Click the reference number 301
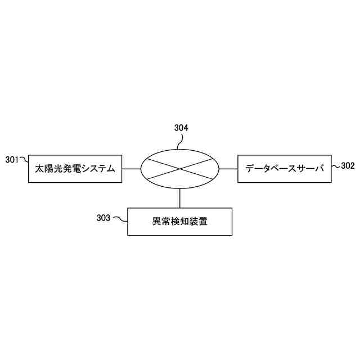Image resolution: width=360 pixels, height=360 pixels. [13, 159]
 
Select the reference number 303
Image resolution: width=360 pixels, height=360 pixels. [104, 217]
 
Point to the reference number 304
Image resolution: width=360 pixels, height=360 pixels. [181, 128]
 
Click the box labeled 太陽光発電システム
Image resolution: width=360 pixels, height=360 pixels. [75, 168]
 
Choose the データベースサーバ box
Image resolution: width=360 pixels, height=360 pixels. [285, 168]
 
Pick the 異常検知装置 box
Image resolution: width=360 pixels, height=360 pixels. [180, 222]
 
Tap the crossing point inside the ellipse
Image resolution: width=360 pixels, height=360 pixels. [180, 169]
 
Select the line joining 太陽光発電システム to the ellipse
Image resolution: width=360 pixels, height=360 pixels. [132, 169]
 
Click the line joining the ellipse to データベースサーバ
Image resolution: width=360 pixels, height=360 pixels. [228, 169]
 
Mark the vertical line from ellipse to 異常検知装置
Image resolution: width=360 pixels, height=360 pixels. [180, 199]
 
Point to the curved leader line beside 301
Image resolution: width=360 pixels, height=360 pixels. [24, 160]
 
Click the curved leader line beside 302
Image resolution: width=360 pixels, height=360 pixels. [336, 166]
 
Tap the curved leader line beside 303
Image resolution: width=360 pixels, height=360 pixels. [120, 218]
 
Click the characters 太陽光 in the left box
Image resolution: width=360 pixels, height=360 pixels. [48, 168]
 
